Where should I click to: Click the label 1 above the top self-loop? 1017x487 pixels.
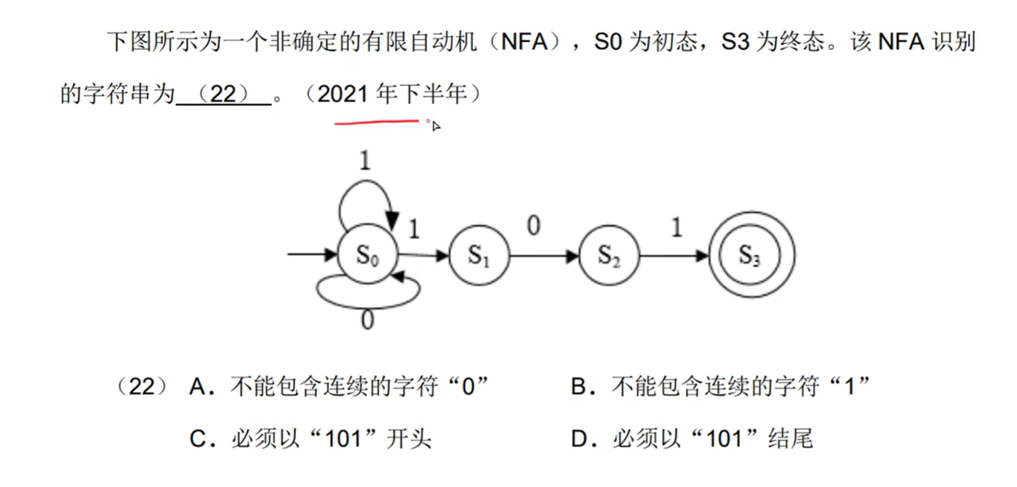pos(365,162)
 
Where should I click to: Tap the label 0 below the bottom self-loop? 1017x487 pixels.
pos(367,321)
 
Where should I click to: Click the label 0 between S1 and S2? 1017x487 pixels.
pos(533,226)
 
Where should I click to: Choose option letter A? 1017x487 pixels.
pos(199,388)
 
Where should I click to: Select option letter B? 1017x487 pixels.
pos(579,388)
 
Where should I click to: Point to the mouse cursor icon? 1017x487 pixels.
pos(436,126)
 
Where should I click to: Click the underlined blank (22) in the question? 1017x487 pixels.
pos(223,95)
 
